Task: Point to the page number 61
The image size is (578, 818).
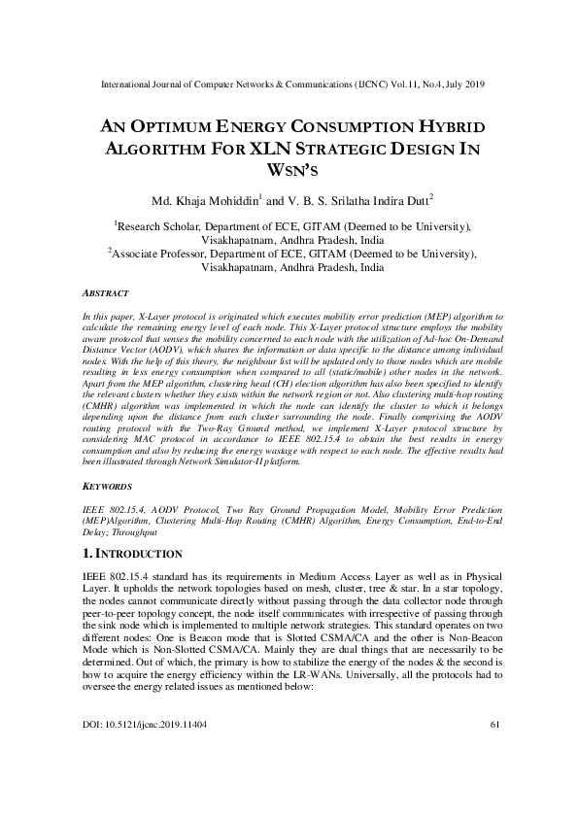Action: click(x=493, y=751)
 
